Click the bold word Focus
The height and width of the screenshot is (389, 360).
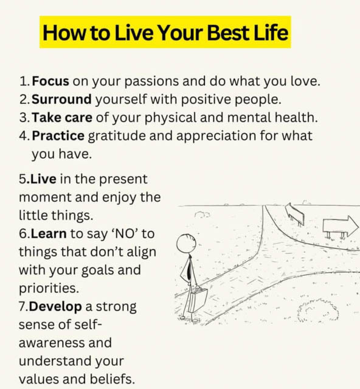point(50,81)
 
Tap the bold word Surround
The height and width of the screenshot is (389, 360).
point(61,99)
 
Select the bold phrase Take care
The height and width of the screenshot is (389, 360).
point(62,117)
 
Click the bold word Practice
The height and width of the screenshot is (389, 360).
point(58,136)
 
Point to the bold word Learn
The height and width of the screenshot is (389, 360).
point(49,233)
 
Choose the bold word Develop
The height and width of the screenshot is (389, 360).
point(55,306)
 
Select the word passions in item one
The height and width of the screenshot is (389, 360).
point(151,81)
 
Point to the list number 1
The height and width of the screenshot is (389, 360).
point(23,81)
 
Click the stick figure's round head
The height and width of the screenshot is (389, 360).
point(186,243)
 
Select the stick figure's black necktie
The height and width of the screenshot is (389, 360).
point(189,267)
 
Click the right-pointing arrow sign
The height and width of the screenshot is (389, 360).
point(341,225)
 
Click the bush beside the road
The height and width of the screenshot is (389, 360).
point(318,311)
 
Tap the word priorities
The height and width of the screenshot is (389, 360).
point(49,289)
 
